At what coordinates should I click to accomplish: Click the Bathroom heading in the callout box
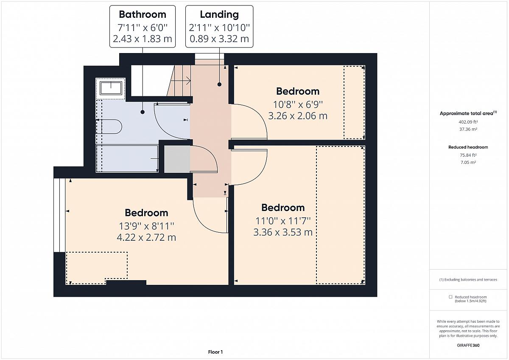point(143,14)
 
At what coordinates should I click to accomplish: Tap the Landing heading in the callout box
point(219,14)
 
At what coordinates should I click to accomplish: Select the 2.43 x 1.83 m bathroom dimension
point(143,39)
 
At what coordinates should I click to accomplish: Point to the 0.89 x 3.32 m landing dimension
point(219,39)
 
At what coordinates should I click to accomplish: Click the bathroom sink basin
point(111,88)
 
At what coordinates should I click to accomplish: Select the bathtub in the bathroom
point(127,158)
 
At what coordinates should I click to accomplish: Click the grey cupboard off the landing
point(177,159)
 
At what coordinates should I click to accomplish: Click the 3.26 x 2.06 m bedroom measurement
point(298,116)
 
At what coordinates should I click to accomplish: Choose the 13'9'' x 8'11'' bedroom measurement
point(147,226)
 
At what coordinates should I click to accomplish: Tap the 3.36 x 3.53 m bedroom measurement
point(283,232)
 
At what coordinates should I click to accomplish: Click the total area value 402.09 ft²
point(468,122)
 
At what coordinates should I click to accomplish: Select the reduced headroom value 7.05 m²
point(468,162)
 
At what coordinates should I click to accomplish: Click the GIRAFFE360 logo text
point(468,345)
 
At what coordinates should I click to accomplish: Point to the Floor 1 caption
point(215,352)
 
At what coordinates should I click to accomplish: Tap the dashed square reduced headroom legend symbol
point(450,297)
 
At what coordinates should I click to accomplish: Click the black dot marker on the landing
point(219,84)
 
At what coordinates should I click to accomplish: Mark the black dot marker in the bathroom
point(143,112)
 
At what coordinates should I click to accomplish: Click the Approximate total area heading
point(468,113)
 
